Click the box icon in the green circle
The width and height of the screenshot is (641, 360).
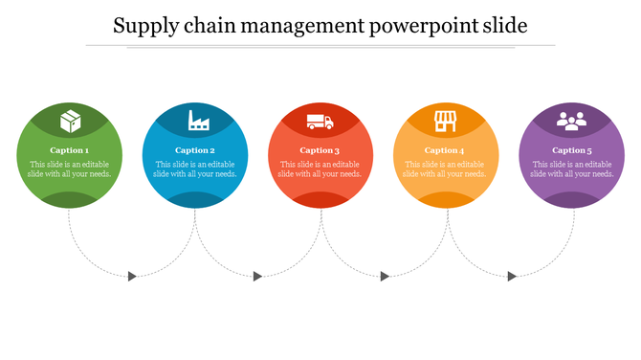[x=70, y=122]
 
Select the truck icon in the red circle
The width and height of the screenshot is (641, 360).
[x=320, y=122]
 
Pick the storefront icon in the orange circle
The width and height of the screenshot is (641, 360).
[x=446, y=122]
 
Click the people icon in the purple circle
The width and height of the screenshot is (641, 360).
[x=571, y=122]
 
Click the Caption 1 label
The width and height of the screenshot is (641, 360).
[x=70, y=150]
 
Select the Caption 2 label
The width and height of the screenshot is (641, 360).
[x=195, y=150]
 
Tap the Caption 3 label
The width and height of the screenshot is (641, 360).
[x=320, y=150]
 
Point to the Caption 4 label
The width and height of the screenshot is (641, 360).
[x=446, y=150]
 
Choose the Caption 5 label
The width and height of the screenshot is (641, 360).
[x=571, y=150]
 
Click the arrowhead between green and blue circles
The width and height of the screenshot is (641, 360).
[x=132, y=276]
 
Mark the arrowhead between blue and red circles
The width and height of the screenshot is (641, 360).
[x=257, y=276]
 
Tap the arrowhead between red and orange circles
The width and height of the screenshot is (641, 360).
[x=385, y=276]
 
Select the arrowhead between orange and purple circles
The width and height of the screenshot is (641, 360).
[x=512, y=276]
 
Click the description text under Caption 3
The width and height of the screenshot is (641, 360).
[x=320, y=169]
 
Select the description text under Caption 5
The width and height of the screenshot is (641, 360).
[x=571, y=169]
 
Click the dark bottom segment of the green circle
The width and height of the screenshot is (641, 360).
[x=70, y=199]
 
